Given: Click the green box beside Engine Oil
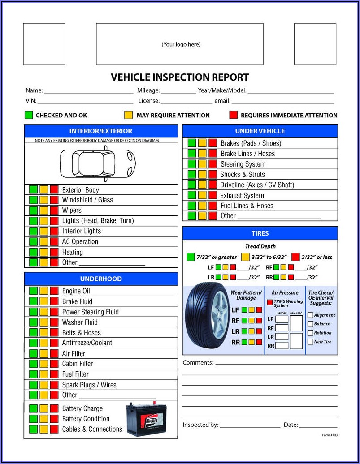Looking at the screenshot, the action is [x=33, y=291].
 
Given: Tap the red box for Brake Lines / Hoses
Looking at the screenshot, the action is [x=213, y=153].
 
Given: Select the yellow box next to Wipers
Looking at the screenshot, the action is [x=44, y=211].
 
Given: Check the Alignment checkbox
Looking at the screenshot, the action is [x=310, y=315].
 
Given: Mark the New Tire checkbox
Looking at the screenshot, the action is [x=310, y=342].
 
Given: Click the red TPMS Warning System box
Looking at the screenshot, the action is [x=269, y=302].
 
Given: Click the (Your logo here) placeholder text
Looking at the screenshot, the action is [x=181, y=44].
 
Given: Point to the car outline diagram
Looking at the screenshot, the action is [x=98, y=163].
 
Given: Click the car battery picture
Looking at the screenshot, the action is [x=146, y=419].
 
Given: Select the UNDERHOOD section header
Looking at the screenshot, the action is [x=101, y=279].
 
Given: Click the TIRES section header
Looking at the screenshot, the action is [x=260, y=233].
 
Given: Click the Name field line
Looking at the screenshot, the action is [x=89, y=93].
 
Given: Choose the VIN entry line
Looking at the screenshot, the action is [x=86, y=103].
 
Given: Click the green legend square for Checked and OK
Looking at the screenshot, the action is [x=29, y=115].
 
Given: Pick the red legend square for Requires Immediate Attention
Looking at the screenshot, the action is [x=234, y=115].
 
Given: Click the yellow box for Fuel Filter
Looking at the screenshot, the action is [x=44, y=374].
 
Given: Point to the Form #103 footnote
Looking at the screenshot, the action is [x=330, y=435].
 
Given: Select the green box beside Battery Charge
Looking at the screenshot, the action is [x=33, y=408].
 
